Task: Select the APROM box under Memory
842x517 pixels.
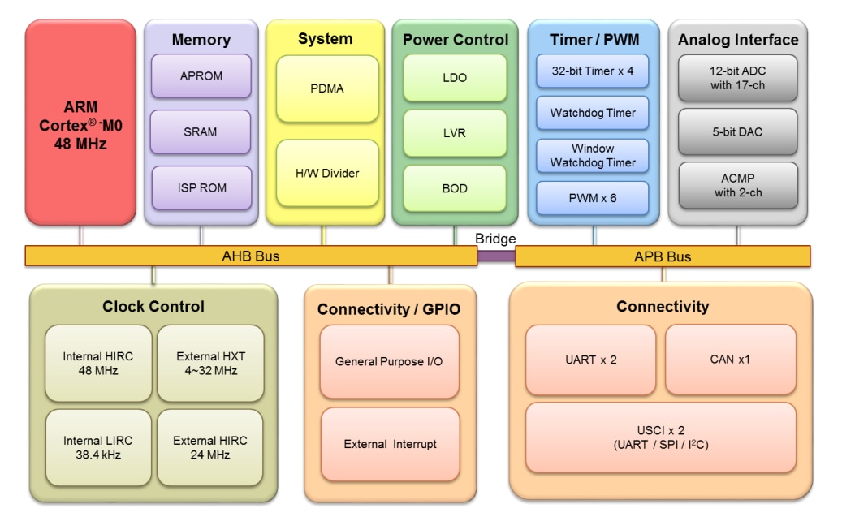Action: point(201,77)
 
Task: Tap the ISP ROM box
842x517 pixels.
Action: point(201,187)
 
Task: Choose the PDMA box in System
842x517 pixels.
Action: point(327,88)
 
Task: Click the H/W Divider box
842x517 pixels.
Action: point(327,173)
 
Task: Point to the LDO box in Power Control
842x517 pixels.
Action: point(455,77)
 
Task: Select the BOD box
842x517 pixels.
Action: point(455,188)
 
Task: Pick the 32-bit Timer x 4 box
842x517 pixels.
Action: point(593,71)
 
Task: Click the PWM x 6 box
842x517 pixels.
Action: point(593,197)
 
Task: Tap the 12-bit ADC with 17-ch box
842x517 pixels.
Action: point(737,77)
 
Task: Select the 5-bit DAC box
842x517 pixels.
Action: point(737,131)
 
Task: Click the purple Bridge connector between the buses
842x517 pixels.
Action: point(495,256)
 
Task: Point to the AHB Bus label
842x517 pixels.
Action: point(250,256)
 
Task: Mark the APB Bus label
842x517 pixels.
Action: point(663,256)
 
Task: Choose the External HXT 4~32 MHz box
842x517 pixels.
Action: point(210,363)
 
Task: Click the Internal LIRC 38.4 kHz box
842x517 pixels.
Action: point(97,448)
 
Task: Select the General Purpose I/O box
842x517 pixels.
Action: point(390,362)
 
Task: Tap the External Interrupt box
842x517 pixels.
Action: point(390,444)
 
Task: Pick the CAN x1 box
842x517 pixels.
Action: point(730,360)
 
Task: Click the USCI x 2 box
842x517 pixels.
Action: point(660,437)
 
